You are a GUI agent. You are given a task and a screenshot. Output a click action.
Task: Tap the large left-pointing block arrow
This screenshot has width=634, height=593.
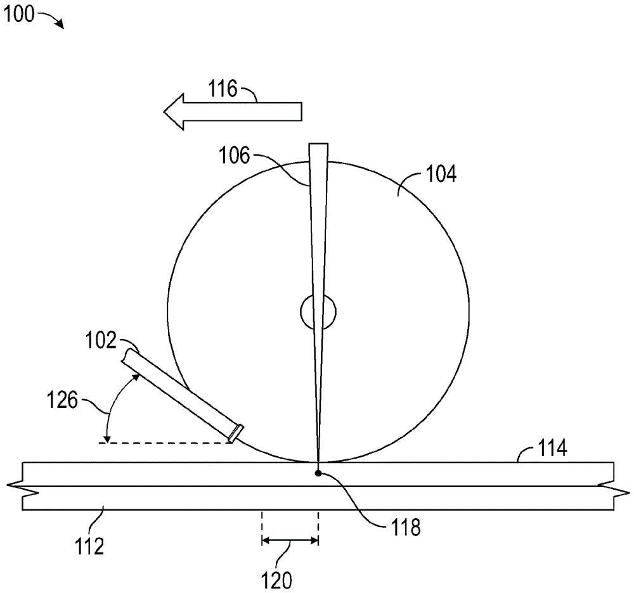[x=233, y=112]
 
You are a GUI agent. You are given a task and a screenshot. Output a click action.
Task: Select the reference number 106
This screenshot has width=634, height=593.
[x=234, y=155]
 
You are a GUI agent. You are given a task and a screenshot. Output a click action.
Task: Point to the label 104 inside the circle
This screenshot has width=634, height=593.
[x=441, y=174]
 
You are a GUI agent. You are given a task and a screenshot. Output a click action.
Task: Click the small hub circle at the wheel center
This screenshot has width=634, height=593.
[x=318, y=312]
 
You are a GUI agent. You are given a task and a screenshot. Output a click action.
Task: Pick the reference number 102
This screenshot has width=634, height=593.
[x=101, y=340]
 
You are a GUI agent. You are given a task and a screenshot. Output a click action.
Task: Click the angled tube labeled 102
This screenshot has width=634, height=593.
[x=183, y=393]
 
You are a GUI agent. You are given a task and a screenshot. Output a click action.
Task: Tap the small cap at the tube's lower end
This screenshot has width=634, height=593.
[x=236, y=432]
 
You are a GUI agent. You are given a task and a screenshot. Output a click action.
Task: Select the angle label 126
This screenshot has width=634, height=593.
[x=62, y=400]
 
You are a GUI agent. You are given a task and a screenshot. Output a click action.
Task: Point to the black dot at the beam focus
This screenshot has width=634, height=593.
[x=319, y=473]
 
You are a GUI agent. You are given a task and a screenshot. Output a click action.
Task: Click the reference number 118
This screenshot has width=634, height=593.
[x=405, y=527]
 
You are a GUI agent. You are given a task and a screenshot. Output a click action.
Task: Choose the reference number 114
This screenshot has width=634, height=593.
[x=552, y=449]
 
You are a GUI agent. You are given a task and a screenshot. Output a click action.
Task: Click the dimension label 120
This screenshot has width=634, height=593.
[x=277, y=580]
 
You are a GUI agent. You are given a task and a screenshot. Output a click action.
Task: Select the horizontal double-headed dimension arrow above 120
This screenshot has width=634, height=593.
[x=290, y=540]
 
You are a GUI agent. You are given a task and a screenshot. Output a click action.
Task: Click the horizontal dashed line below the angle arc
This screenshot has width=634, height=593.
[x=165, y=443]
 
